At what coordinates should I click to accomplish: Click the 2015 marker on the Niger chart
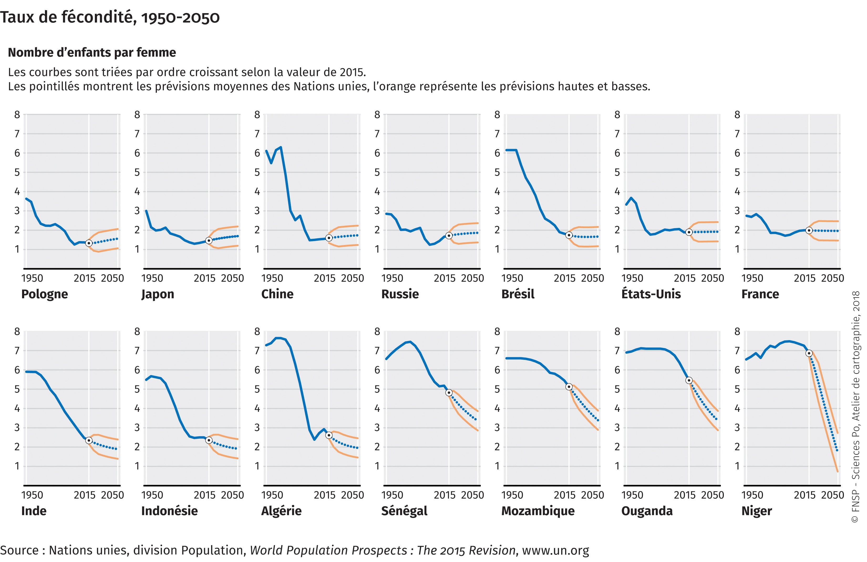click(809, 353)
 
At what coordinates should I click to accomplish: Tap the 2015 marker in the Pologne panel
click(89, 243)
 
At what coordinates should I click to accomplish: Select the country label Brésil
click(518, 294)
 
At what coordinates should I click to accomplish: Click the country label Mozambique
click(538, 511)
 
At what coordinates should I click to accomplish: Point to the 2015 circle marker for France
click(809, 230)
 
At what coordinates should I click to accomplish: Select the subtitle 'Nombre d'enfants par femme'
click(92, 53)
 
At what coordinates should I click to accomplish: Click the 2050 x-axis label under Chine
click(352, 278)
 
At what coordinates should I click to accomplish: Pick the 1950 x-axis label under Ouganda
click(632, 495)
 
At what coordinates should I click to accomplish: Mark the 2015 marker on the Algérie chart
click(329, 435)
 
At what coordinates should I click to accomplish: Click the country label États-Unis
click(651, 294)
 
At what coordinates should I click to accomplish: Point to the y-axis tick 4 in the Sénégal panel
click(377, 408)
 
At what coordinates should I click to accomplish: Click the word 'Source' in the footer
click(19, 550)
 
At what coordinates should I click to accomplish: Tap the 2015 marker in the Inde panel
click(89, 440)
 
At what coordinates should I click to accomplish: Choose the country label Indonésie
click(169, 511)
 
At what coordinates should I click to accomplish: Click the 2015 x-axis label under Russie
click(445, 278)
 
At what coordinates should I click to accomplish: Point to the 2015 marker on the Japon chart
click(209, 241)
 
